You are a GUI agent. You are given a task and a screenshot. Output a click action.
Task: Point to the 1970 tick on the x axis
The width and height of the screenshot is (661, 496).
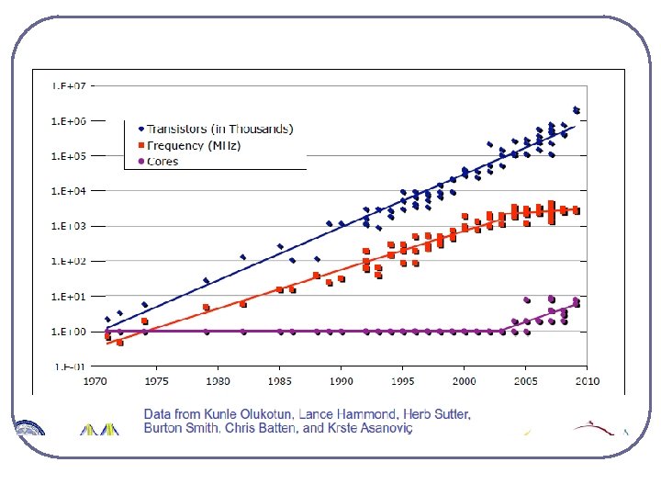click(x=95, y=380)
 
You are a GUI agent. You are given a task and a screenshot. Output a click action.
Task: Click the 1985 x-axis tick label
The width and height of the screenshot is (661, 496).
click(x=280, y=380)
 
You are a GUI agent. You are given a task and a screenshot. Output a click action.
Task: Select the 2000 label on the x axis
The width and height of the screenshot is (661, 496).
click(x=465, y=380)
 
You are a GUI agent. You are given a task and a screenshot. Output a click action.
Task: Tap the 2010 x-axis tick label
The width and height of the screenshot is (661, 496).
click(x=588, y=380)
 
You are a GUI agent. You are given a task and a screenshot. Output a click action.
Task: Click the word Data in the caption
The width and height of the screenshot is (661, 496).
click(x=159, y=415)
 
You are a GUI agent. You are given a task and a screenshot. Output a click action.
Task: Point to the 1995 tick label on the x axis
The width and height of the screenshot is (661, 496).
click(x=403, y=380)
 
